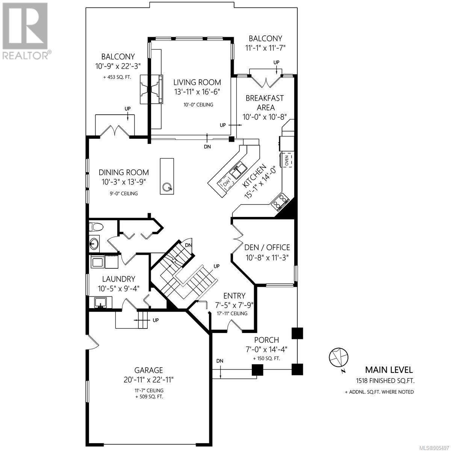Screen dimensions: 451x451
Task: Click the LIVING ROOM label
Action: [197, 82]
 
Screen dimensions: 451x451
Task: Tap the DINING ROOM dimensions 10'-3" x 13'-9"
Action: [124, 182]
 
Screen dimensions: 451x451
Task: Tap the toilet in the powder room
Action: [96, 227]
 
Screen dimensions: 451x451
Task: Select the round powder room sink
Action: [94, 244]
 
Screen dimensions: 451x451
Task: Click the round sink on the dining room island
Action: [167, 187]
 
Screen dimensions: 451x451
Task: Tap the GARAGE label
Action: [148, 370]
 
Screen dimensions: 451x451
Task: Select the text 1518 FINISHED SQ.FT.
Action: [385, 381]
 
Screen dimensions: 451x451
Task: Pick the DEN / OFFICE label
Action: [267, 247]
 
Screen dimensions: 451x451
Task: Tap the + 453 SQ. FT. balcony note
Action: [117, 77]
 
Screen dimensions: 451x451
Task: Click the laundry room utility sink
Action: [101, 302]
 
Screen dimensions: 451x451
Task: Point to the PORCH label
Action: [266, 340]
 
